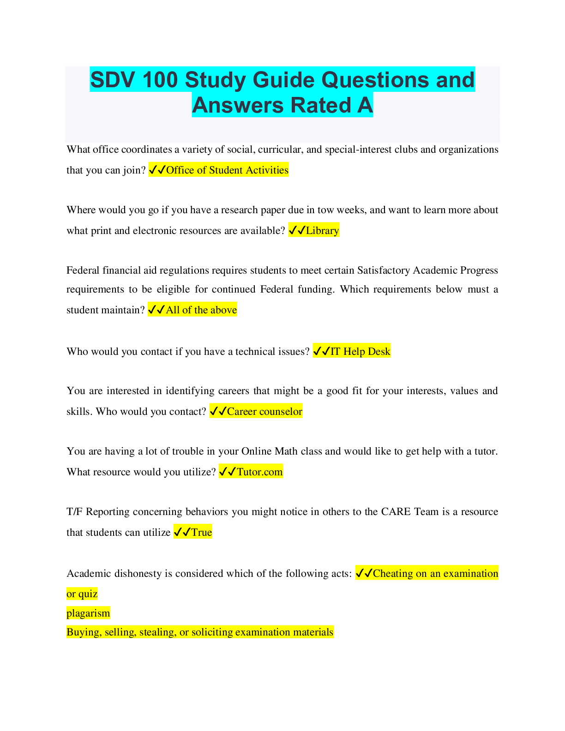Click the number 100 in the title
tap(160, 80)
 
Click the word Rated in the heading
tap(321, 105)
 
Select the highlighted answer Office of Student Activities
tap(227, 170)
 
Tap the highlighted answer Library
tap(322, 230)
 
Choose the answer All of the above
tap(201, 310)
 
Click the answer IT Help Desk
tap(360, 351)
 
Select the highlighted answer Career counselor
tap(264, 411)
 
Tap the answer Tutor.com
tap(259, 472)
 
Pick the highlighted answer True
tap(202, 532)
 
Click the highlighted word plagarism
tap(88, 613)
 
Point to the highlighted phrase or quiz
tap(82, 594)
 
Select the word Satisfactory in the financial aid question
tap(384, 270)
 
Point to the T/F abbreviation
tap(74, 512)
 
